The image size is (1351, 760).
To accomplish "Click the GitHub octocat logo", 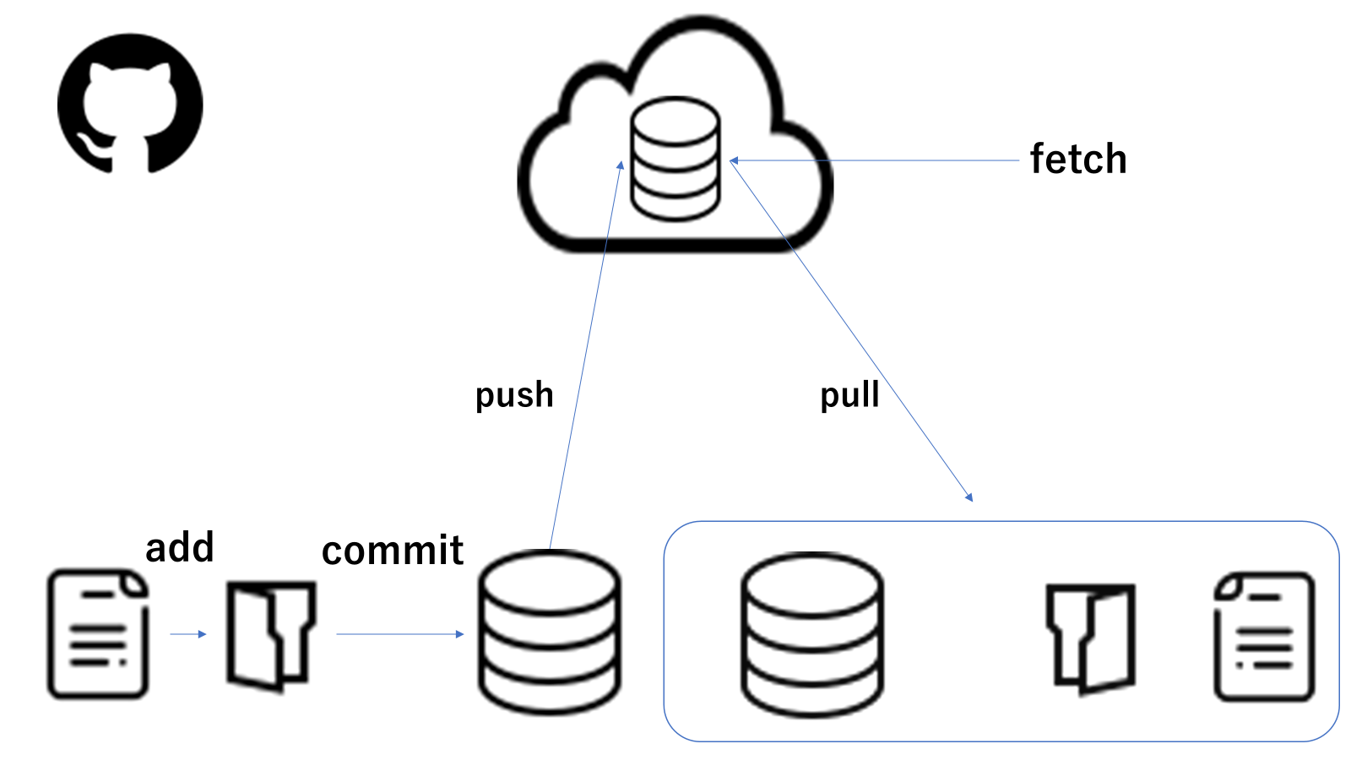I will point(130,104).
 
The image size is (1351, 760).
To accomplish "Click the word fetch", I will point(1078,159).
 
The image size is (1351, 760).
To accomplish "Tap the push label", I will point(514,395).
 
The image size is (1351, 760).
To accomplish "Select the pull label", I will point(849,395).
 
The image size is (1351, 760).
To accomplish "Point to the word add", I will point(180,547).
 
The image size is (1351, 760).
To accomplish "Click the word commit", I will point(393,551).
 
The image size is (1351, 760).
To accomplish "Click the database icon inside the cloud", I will point(675,159).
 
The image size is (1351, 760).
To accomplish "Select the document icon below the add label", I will point(98,634).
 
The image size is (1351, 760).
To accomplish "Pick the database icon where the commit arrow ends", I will point(550,632).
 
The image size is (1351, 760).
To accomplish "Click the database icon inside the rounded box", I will point(812,634).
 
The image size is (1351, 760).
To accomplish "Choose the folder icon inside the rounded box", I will point(1090,638).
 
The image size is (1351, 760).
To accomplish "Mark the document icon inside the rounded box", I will point(1264,638).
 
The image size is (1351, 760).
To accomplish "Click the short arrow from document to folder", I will point(188,634).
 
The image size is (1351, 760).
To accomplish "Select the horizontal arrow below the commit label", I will point(399,634).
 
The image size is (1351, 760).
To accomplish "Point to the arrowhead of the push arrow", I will point(621,166).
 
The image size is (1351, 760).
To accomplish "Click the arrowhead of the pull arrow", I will point(969,497).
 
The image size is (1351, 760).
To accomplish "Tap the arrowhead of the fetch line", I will point(734,160).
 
